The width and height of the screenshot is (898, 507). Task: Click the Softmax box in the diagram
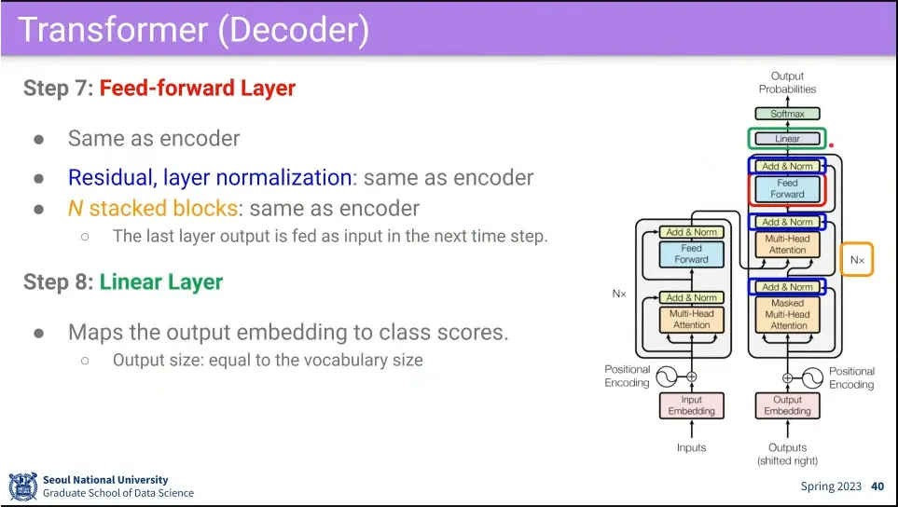click(x=787, y=114)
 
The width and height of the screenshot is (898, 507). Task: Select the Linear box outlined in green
click(x=787, y=139)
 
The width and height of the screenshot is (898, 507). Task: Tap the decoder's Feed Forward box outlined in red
click(x=787, y=189)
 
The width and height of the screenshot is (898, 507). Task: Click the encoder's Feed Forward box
click(x=691, y=254)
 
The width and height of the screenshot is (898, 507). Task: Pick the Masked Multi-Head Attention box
click(x=788, y=315)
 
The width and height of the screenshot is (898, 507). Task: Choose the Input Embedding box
click(x=691, y=405)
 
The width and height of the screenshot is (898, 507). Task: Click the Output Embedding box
click(x=787, y=405)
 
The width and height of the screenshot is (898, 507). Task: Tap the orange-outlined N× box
click(x=857, y=260)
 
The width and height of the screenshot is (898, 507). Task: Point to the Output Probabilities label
click(x=787, y=83)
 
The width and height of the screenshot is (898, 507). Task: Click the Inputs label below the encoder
click(x=691, y=448)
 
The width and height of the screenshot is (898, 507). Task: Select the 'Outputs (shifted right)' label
click(x=787, y=454)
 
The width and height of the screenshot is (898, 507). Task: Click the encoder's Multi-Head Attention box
click(x=691, y=320)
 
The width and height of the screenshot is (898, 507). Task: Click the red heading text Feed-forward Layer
click(x=197, y=89)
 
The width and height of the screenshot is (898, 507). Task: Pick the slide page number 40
click(x=877, y=486)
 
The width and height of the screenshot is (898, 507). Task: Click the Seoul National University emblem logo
click(x=22, y=486)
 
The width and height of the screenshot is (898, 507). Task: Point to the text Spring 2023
click(x=831, y=486)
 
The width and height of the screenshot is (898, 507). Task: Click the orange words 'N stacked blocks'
click(x=152, y=207)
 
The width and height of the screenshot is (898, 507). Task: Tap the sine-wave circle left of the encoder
click(x=666, y=377)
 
